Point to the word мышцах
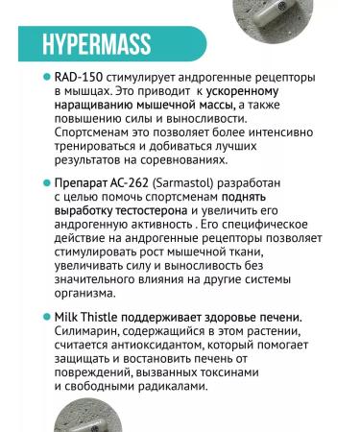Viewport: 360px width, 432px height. (85, 91)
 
